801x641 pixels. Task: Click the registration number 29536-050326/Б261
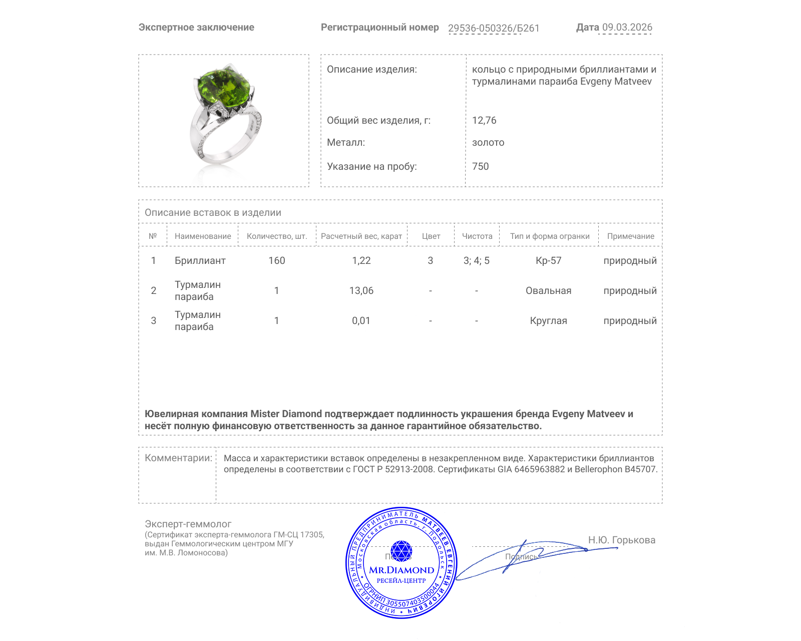tap(494, 28)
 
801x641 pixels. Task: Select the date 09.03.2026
tap(627, 28)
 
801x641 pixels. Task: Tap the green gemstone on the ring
tap(223, 89)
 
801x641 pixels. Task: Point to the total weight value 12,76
tap(484, 120)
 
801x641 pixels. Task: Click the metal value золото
tap(488, 142)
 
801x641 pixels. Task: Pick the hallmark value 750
tap(480, 166)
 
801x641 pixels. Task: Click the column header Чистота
tap(477, 236)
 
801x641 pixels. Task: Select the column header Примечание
tap(630, 236)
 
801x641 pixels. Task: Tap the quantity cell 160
tap(276, 260)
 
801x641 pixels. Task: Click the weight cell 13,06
tap(361, 290)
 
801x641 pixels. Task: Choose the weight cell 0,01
tap(361, 320)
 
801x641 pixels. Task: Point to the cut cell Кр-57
tap(548, 260)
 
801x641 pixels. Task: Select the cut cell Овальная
tap(548, 290)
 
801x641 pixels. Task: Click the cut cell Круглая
tap(548, 320)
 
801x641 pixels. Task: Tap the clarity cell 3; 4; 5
tap(476, 260)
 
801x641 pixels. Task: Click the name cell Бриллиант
tap(200, 260)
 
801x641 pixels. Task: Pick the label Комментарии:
tap(178, 458)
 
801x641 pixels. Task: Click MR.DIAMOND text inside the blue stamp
tap(402, 570)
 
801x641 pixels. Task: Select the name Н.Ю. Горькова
tap(621, 540)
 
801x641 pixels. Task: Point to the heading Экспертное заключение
tap(196, 28)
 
